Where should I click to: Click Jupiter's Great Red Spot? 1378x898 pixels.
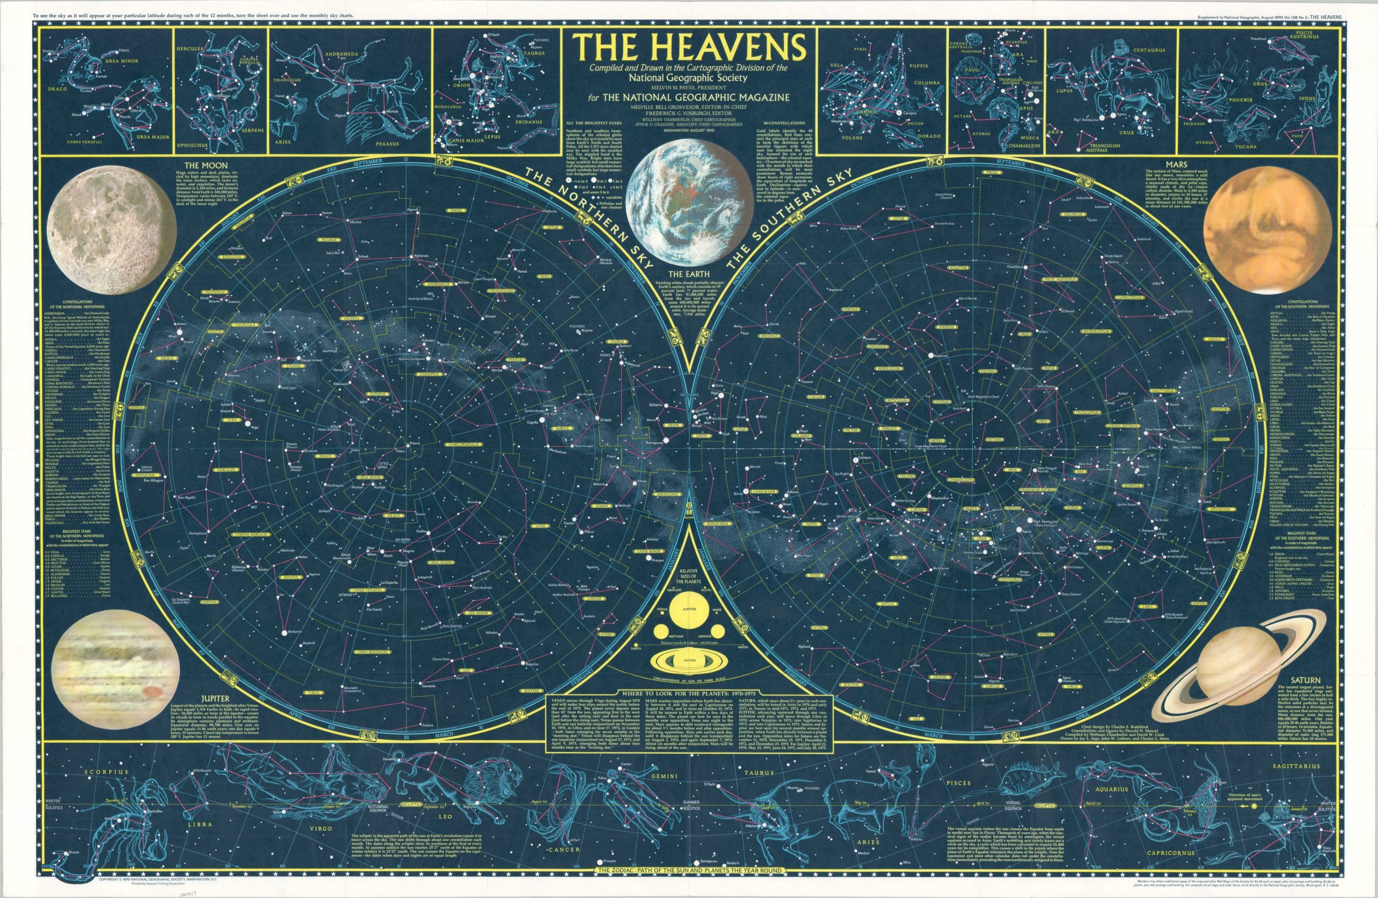(x=152, y=691)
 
